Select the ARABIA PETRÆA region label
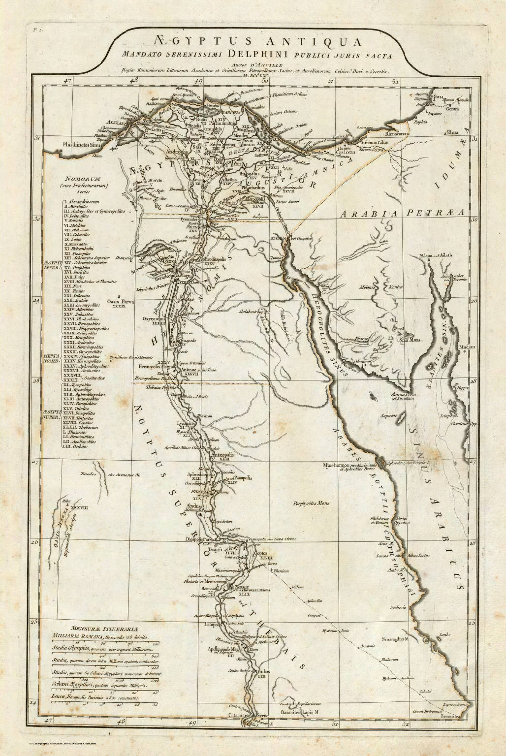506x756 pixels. pos(402,213)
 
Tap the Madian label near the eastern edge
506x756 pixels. pos(466,346)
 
